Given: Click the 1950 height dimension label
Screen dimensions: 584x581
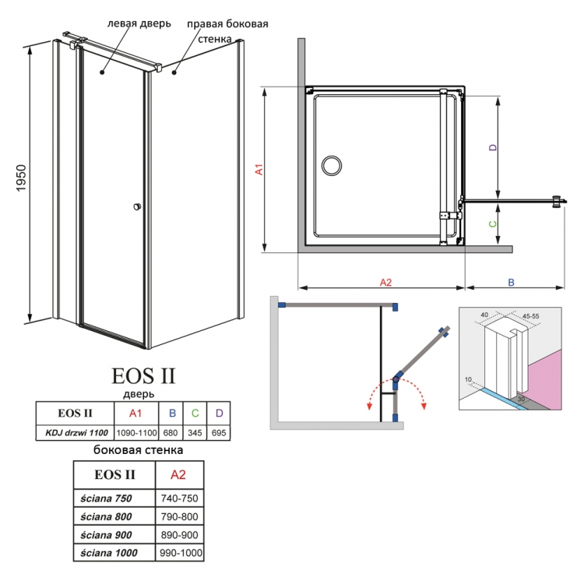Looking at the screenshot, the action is coord(21,178).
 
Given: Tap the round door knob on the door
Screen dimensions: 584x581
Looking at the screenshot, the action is coord(137,206).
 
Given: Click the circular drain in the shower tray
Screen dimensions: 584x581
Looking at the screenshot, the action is coord(332,165).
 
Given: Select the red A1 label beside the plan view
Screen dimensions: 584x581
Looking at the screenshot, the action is coord(259,169).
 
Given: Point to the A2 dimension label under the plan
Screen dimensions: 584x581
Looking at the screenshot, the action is coord(386,283).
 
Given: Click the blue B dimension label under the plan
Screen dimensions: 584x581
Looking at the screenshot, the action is coord(511,283).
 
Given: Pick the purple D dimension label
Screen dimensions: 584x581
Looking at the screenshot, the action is coord(493,147).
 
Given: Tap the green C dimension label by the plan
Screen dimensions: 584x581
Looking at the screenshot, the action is coord(493,224).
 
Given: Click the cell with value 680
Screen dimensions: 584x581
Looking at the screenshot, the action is coord(171,433).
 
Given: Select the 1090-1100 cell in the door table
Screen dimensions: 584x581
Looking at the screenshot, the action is coord(136,433).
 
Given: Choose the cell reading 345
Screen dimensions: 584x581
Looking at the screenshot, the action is coord(195,433).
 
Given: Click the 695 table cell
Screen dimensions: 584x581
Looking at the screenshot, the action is coord(219,433).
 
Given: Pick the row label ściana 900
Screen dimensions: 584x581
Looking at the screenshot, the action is coord(106,535).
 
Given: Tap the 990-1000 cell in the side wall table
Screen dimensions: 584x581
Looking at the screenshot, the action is coord(181,553).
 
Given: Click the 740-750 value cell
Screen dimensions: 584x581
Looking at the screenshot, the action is coord(180,498).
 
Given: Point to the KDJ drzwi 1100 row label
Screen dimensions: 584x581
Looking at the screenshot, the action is coord(76,433).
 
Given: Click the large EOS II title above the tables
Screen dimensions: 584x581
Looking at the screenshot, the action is coord(143,376).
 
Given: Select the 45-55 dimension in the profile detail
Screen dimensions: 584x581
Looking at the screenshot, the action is coord(531,316).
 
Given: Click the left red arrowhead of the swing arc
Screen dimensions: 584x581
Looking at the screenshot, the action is coord(369,406).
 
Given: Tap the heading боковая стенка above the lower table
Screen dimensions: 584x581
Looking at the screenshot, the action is coord(138,450).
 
